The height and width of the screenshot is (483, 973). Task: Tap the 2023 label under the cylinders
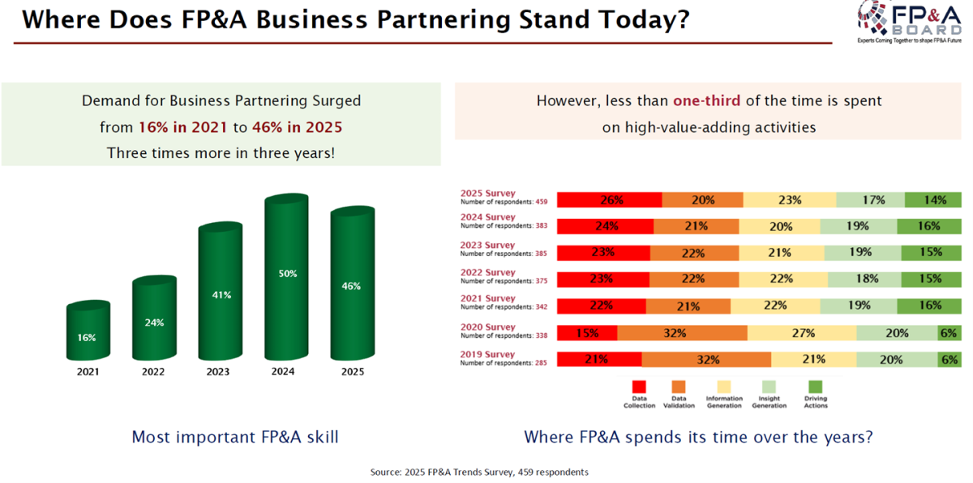[x=217, y=372]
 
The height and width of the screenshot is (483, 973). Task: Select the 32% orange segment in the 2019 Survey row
[x=706, y=359]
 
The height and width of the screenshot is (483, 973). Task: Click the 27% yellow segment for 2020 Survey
[x=801, y=332]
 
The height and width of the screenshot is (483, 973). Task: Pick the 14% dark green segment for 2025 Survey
[x=932, y=200]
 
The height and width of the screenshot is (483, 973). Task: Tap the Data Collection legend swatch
[x=639, y=387]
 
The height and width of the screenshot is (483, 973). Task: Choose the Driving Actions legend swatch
[x=816, y=387]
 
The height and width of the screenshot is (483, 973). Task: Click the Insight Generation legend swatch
[x=769, y=387]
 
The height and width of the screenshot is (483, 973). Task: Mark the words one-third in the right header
[x=704, y=101]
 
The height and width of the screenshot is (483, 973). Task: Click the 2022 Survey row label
[x=488, y=272]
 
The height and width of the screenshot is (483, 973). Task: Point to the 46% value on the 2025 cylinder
[x=351, y=286]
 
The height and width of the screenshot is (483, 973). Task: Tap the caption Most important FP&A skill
[x=235, y=438]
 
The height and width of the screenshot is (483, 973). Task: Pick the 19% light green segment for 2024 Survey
[x=858, y=226]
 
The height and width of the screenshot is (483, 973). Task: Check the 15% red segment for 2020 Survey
[x=586, y=332]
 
